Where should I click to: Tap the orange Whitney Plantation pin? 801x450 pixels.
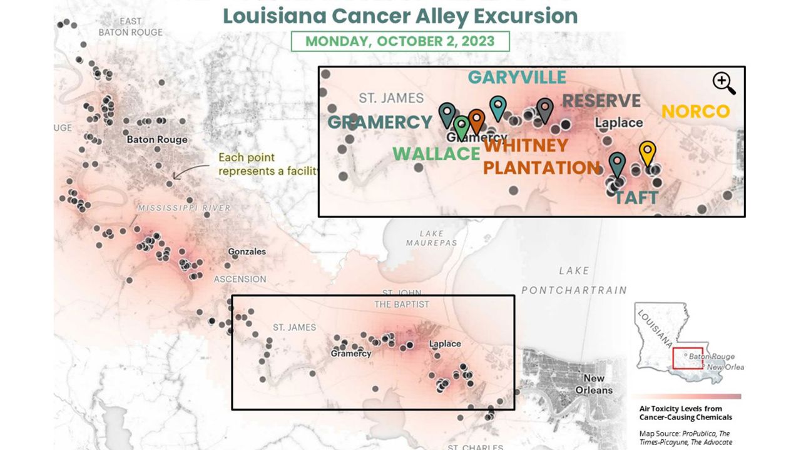click(x=476, y=119)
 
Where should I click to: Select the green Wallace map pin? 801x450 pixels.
click(x=461, y=126)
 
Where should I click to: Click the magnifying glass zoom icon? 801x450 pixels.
click(x=723, y=82)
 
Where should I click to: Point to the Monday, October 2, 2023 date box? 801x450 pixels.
click(x=400, y=42)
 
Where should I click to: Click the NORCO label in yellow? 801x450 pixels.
click(x=695, y=112)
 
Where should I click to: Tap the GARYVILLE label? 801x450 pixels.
click(x=517, y=77)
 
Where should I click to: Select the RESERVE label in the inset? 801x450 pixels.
click(x=601, y=101)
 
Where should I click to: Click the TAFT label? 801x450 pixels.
click(x=636, y=198)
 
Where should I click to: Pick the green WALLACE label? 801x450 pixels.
click(x=436, y=153)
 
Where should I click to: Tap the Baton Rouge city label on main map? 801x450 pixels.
click(x=156, y=139)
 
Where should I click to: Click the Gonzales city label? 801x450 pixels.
click(x=247, y=252)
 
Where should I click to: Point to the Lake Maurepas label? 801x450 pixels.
click(x=431, y=237)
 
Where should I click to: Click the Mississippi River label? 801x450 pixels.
click(x=184, y=208)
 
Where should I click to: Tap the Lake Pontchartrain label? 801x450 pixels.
click(x=574, y=281)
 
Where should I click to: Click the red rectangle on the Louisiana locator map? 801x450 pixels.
click(x=687, y=359)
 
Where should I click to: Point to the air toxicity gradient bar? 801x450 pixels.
click(x=686, y=396)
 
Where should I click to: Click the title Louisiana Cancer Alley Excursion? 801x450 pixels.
click(x=400, y=16)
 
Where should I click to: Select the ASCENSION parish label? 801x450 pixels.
click(x=240, y=279)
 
